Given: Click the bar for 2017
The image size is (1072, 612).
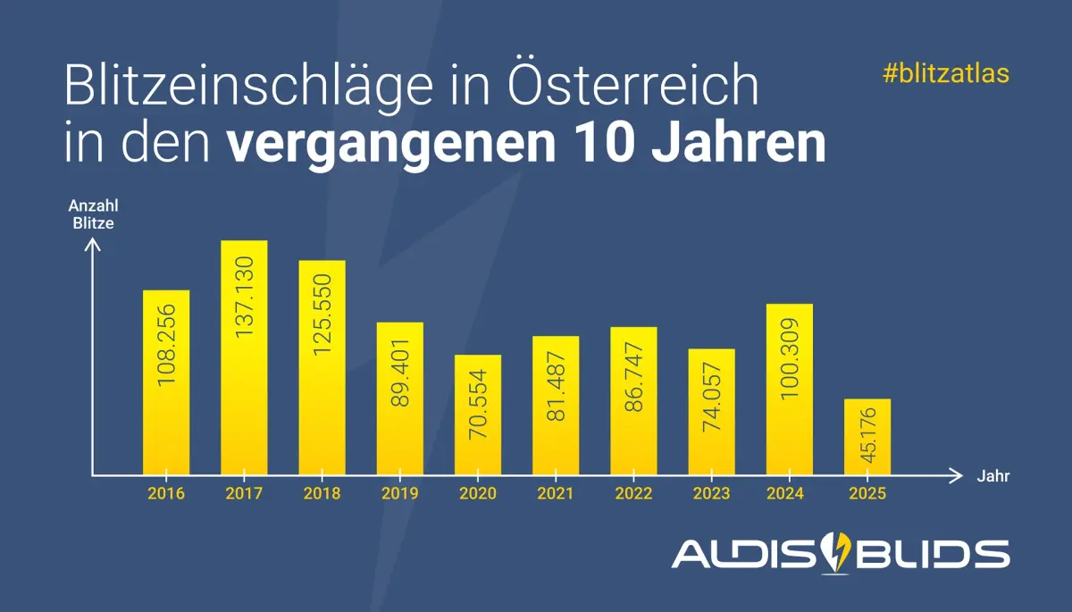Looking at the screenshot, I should [x=244, y=357].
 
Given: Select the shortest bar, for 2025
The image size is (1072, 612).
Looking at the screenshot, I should [x=867, y=437].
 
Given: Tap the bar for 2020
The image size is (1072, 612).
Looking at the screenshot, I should [x=478, y=415].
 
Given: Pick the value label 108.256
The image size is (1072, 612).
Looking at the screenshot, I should [x=166, y=345].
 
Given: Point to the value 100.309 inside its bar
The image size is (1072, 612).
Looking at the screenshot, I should [x=790, y=357].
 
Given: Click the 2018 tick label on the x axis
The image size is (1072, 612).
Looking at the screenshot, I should [x=322, y=493].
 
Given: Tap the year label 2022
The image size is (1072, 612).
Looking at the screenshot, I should [x=633, y=493].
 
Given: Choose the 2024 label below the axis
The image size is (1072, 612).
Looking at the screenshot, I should [x=790, y=493].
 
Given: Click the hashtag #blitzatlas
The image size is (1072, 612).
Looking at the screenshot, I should [x=945, y=74].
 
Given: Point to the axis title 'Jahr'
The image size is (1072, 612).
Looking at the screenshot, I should [x=993, y=476].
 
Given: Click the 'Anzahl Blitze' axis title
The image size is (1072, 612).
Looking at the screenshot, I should [x=93, y=214].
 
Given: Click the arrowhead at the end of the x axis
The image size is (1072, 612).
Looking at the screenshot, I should [x=958, y=475].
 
